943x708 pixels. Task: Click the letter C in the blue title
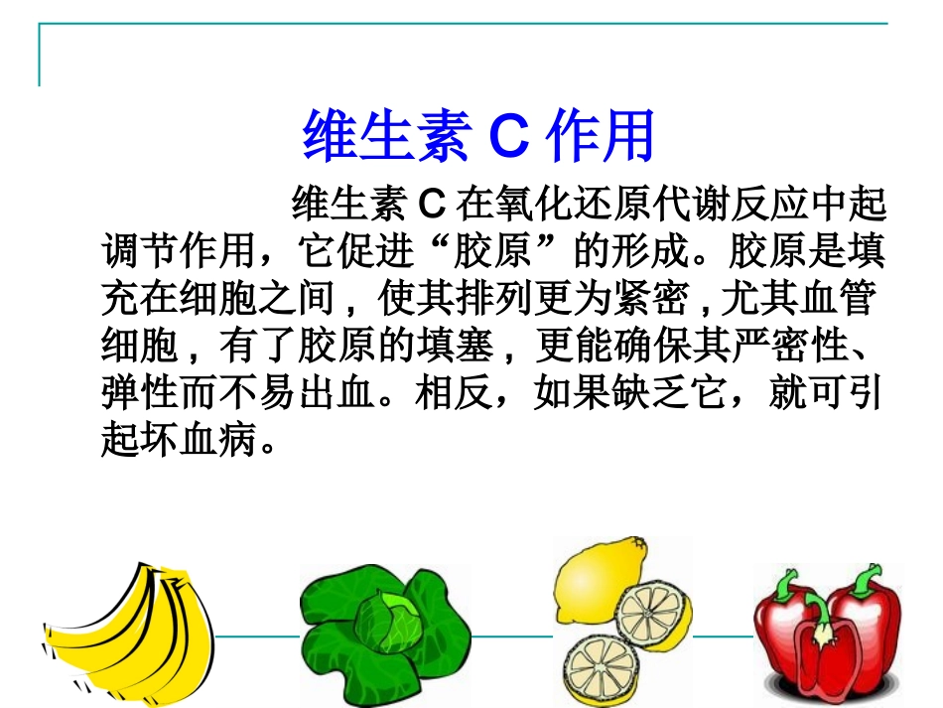510,137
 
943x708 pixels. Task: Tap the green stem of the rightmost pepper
870,577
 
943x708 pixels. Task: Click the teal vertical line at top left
40,55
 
